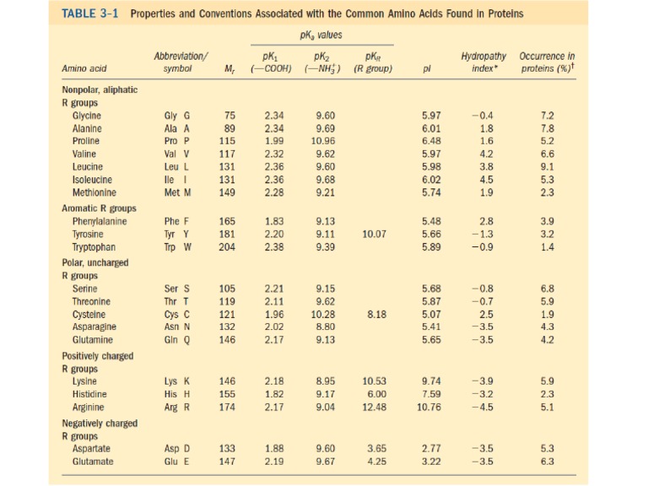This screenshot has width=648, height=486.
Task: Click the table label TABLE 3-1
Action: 93,13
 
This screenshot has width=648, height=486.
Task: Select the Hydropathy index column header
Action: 483,62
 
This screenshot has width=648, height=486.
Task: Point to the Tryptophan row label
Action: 92,248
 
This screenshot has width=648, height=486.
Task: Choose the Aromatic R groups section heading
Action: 100,208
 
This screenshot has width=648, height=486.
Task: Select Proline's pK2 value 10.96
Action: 325,140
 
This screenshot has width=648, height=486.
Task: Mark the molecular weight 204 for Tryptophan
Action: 227,248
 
